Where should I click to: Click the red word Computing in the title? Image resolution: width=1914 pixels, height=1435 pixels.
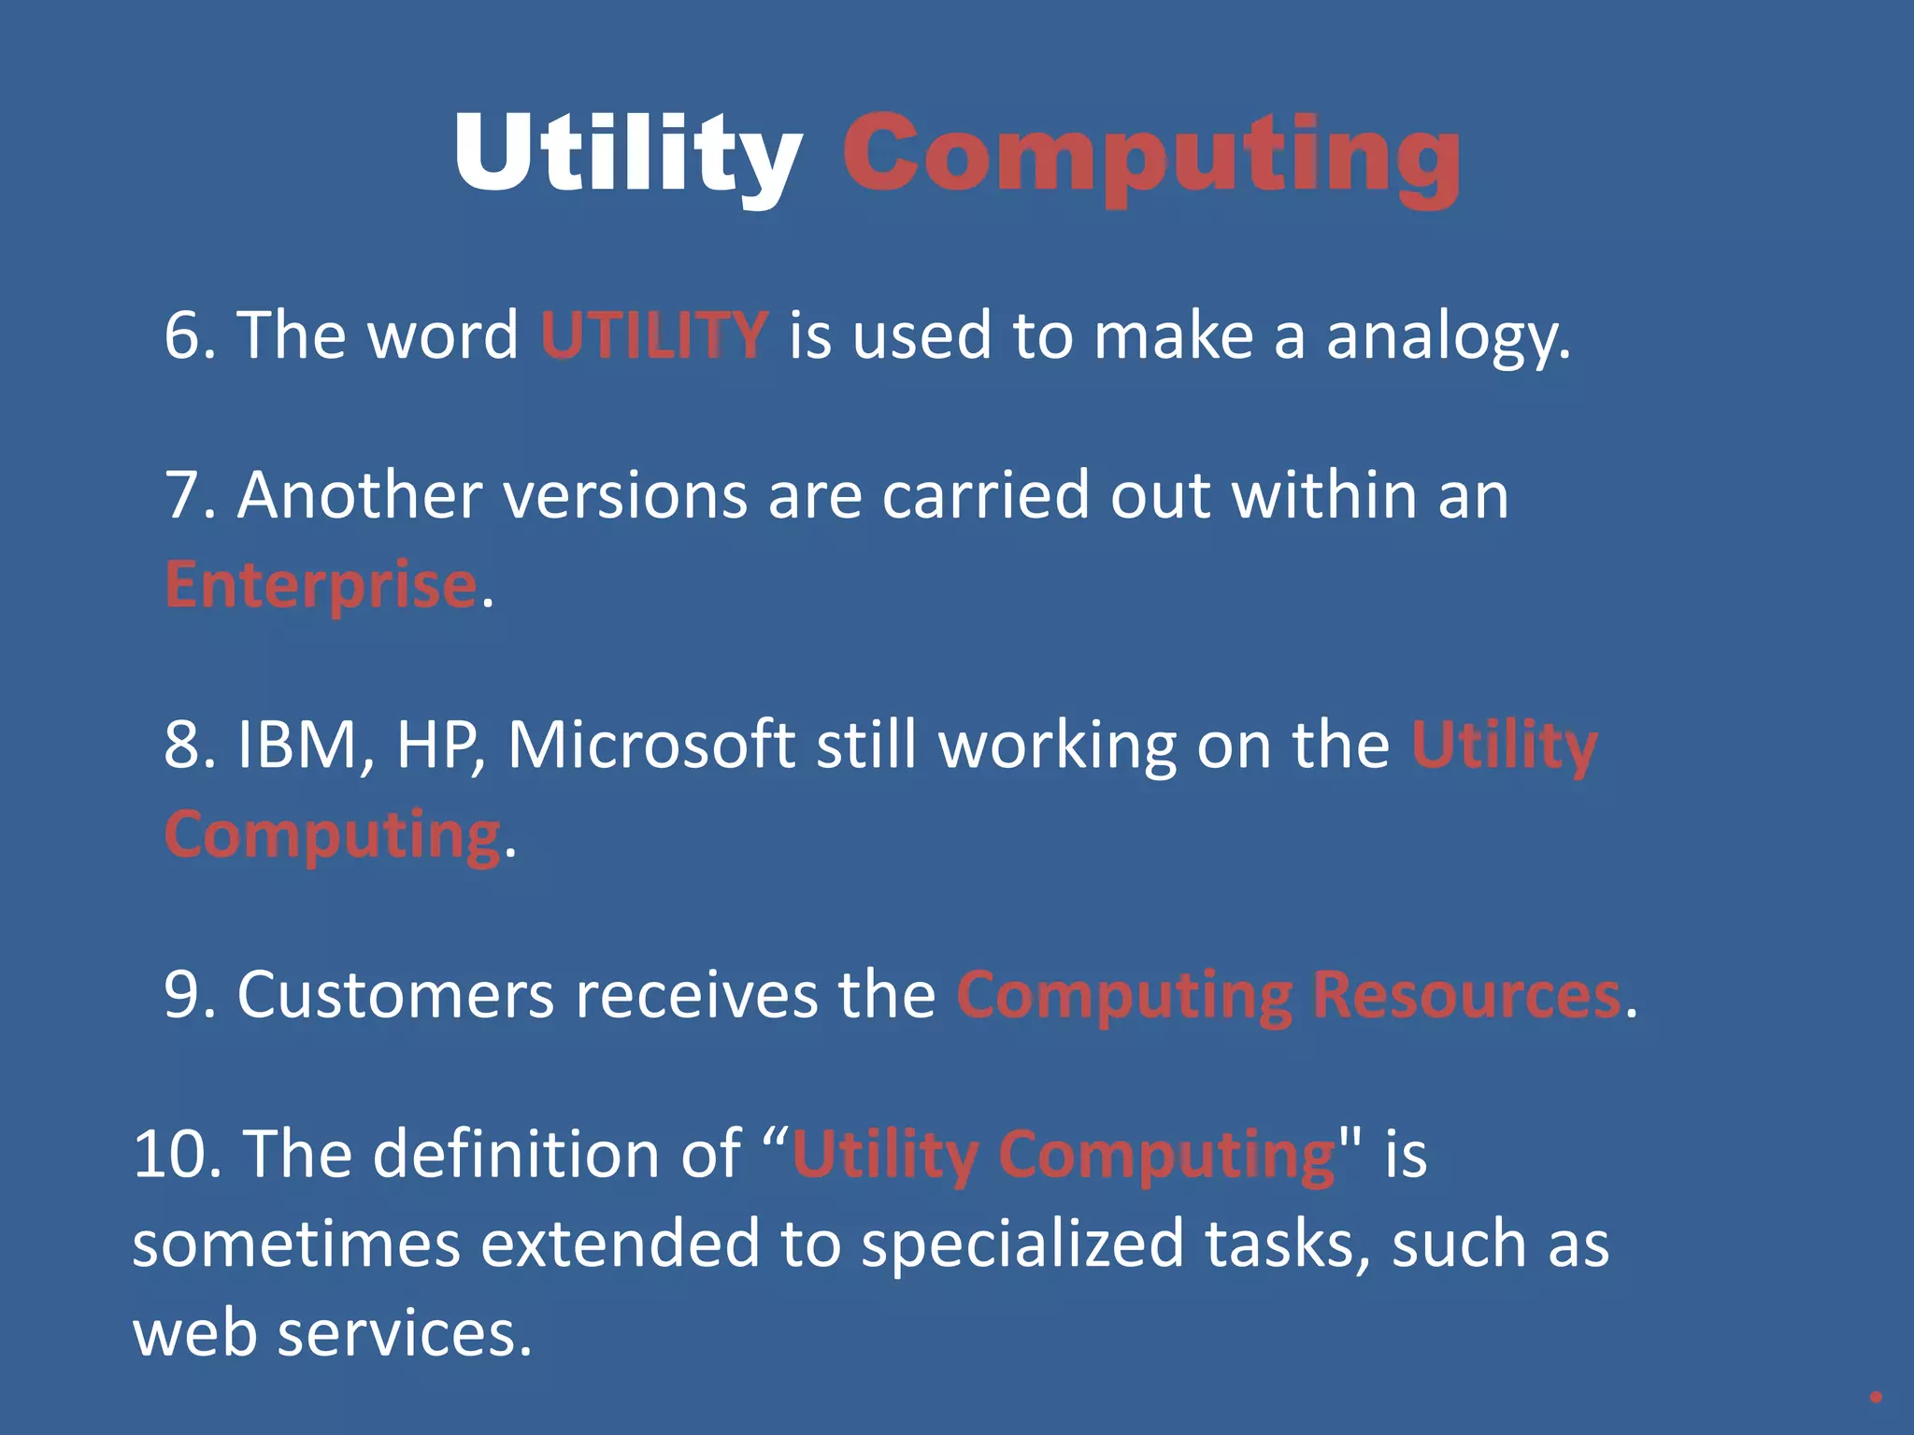click(x=1151, y=157)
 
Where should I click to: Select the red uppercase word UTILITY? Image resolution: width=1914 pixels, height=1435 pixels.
click(x=654, y=334)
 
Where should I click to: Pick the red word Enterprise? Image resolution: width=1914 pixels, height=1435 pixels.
click(x=321, y=585)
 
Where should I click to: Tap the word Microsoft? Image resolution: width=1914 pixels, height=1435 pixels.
click(x=651, y=745)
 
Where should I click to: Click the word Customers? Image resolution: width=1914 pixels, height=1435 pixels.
click(x=395, y=995)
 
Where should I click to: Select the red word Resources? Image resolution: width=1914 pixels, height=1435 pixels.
click(x=1466, y=995)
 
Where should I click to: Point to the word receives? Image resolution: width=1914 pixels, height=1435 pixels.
click(x=696, y=995)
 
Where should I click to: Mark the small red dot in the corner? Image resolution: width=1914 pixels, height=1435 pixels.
click(x=1876, y=1398)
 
